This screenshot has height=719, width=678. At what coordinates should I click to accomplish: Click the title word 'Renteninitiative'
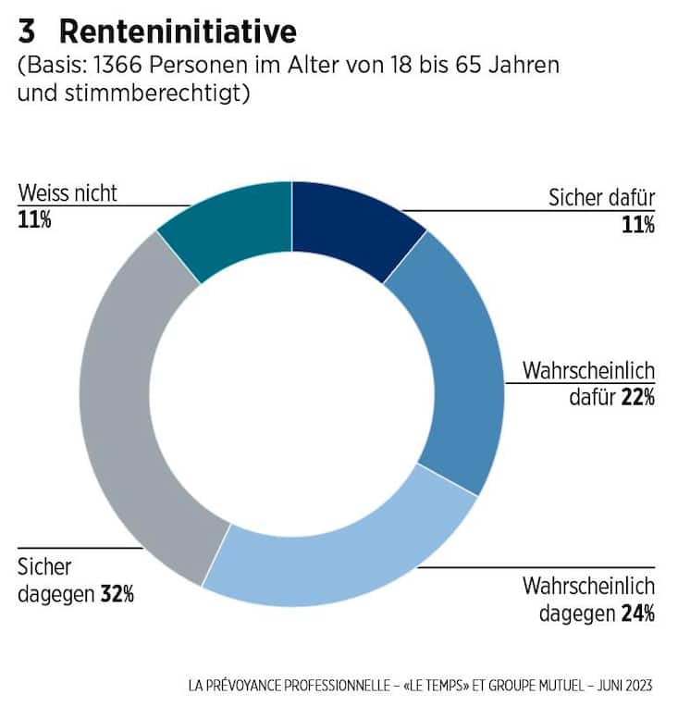pos(178,32)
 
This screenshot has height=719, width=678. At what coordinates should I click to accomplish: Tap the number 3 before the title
pos(28,32)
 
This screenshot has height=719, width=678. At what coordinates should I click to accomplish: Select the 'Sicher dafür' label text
pos(601,198)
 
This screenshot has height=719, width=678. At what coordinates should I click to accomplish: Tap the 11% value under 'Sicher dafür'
pos(638,223)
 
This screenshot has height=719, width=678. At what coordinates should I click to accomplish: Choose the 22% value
pos(637,397)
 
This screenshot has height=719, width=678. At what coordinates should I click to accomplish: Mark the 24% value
pos(637,613)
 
